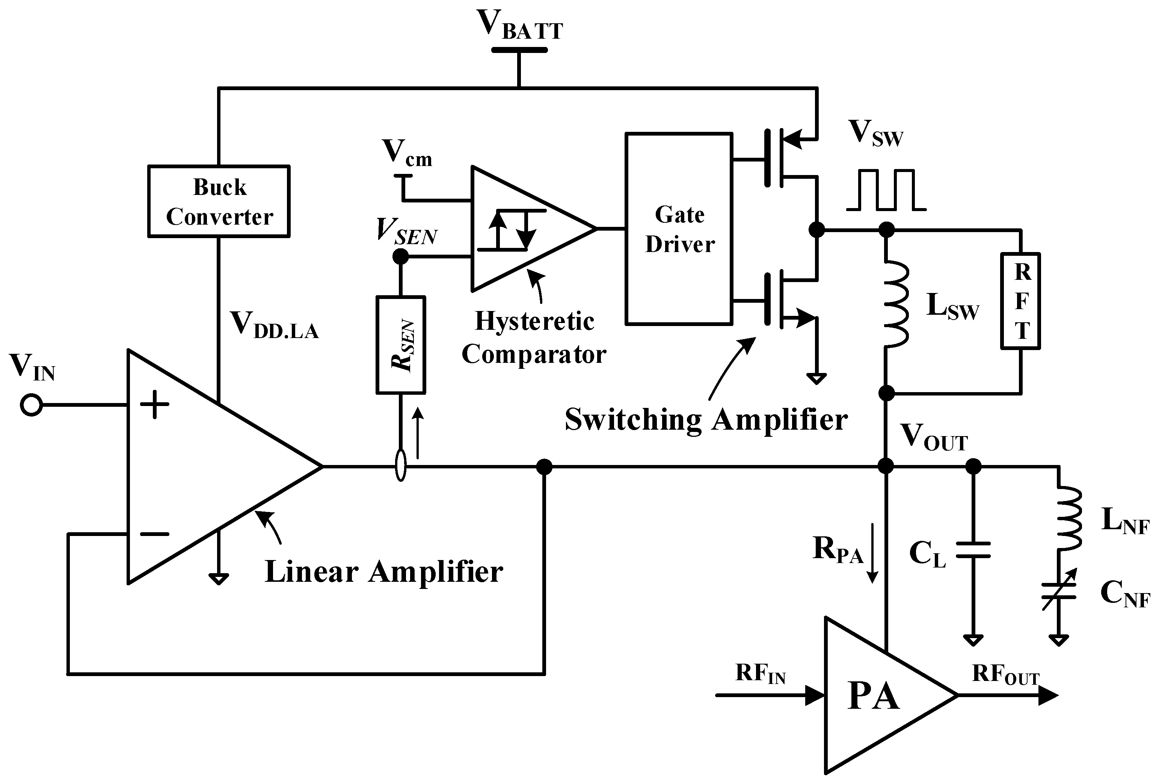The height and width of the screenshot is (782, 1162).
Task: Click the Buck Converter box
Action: pyautogui.click(x=219, y=201)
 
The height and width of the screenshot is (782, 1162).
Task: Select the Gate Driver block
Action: pyautogui.click(x=679, y=229)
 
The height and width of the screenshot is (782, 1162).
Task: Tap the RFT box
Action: pyautogui.click(x=1020, y=301)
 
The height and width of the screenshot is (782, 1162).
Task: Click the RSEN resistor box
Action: pyautogui.click(x=400, y=345)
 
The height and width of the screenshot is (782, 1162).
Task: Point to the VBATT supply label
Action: pyautogui.click(x=520, y=25)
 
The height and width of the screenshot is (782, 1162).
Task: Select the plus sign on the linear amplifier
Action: pyautogui.click(x=154, y=405)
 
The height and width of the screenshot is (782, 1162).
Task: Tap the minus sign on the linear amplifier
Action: pyautogui.click(x=154, y=534)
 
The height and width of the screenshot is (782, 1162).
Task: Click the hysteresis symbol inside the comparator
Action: pyautogui.click(x=511, y=230)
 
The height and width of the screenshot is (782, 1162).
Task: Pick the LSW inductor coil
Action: pyautogui.click(x=896, y=304)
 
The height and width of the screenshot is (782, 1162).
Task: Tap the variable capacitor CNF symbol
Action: pyautogui.click(x=1058, y=590)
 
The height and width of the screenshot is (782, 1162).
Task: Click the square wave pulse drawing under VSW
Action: pyautogui.click(x=886, y=190)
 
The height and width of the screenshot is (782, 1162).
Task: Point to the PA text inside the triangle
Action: pyautogui.click(x=873, y=696)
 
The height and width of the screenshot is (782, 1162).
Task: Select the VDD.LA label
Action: pyautogui.click(x=274, y=325)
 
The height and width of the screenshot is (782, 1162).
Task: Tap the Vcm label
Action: pyautogui.click(x=406, y=152)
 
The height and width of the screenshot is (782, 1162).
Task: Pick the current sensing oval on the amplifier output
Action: pyautogui.click(x=400, y=465)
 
